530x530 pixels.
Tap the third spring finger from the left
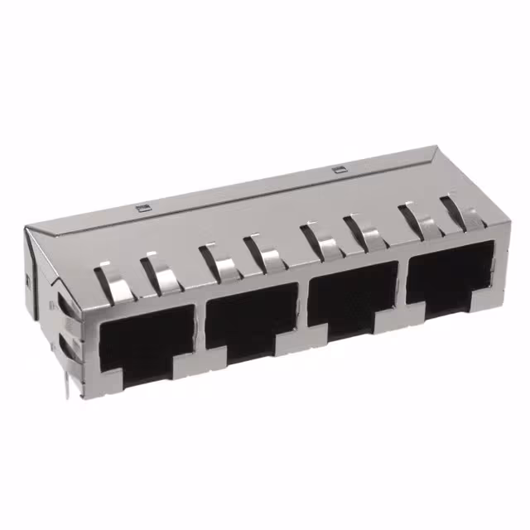(219, 260)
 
